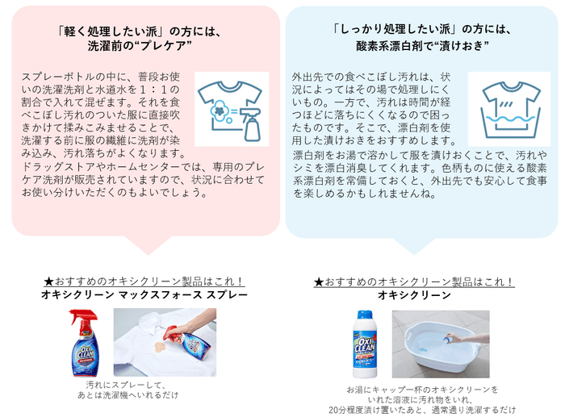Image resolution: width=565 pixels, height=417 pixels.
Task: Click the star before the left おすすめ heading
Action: click(49, 281)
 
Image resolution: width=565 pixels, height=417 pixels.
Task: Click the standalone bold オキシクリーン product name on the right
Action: click(414, 295)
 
